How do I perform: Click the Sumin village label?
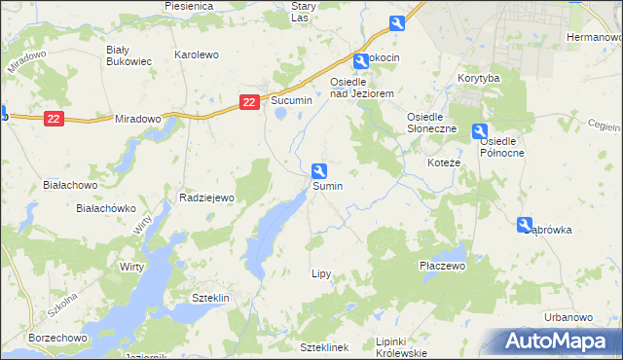tap(326, 185)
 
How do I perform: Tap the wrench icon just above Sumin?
tap(318, 169)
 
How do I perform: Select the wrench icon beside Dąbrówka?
tap(526, 224)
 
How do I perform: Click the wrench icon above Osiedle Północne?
tap(480, 131)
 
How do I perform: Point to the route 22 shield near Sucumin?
tap(250, 101)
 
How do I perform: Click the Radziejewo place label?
tap(207, 198)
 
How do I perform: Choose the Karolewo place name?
tap(196, 55)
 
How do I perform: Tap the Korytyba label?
tap(478, 77)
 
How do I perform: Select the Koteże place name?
tap(444, 162)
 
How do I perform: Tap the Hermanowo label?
tap(593, 36)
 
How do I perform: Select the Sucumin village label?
tap(291, 100)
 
